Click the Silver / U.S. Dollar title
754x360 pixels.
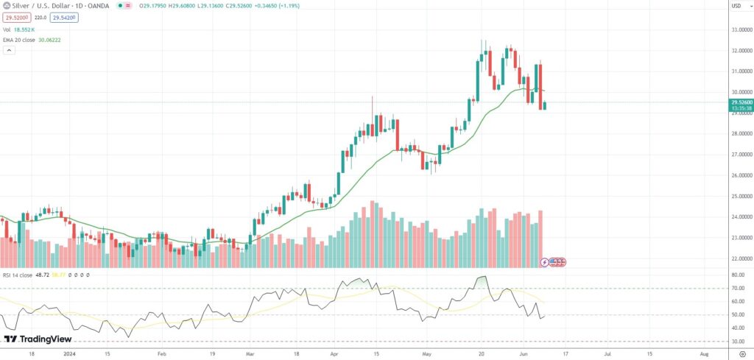coord(44,7)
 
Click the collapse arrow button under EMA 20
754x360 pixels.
coord(10,51)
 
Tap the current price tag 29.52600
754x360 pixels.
coord(739,102)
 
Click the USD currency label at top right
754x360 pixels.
coord(735,7)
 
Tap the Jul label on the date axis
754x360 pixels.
coord(608,354)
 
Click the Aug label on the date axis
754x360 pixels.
coord(703,354)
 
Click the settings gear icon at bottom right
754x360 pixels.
coord(742,354)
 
